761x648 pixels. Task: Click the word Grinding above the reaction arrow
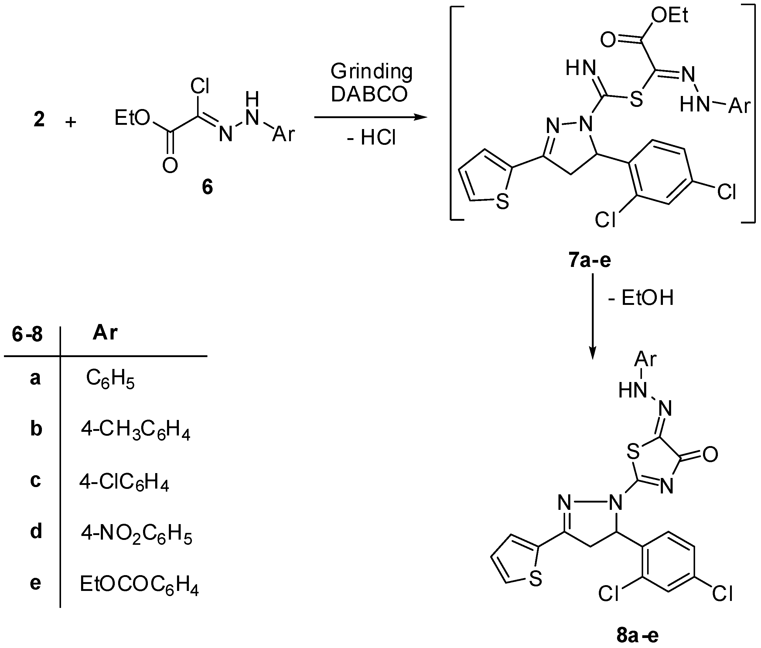(371, 72)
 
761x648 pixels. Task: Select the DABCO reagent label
(369, 94)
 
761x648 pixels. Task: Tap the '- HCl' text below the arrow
(371, 138)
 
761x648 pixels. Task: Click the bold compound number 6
(207, 187)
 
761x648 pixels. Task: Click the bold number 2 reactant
(39, 120)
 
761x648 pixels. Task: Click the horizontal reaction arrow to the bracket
(371, 118)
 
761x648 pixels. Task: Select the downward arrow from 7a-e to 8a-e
(592, 316)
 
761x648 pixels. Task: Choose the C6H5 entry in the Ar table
(110, 379)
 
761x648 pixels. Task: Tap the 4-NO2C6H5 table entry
(137, 534)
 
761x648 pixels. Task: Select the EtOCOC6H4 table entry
(139, 585)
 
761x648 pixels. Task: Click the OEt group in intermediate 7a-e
(669, 16)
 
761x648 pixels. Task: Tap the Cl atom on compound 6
(200, 87)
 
